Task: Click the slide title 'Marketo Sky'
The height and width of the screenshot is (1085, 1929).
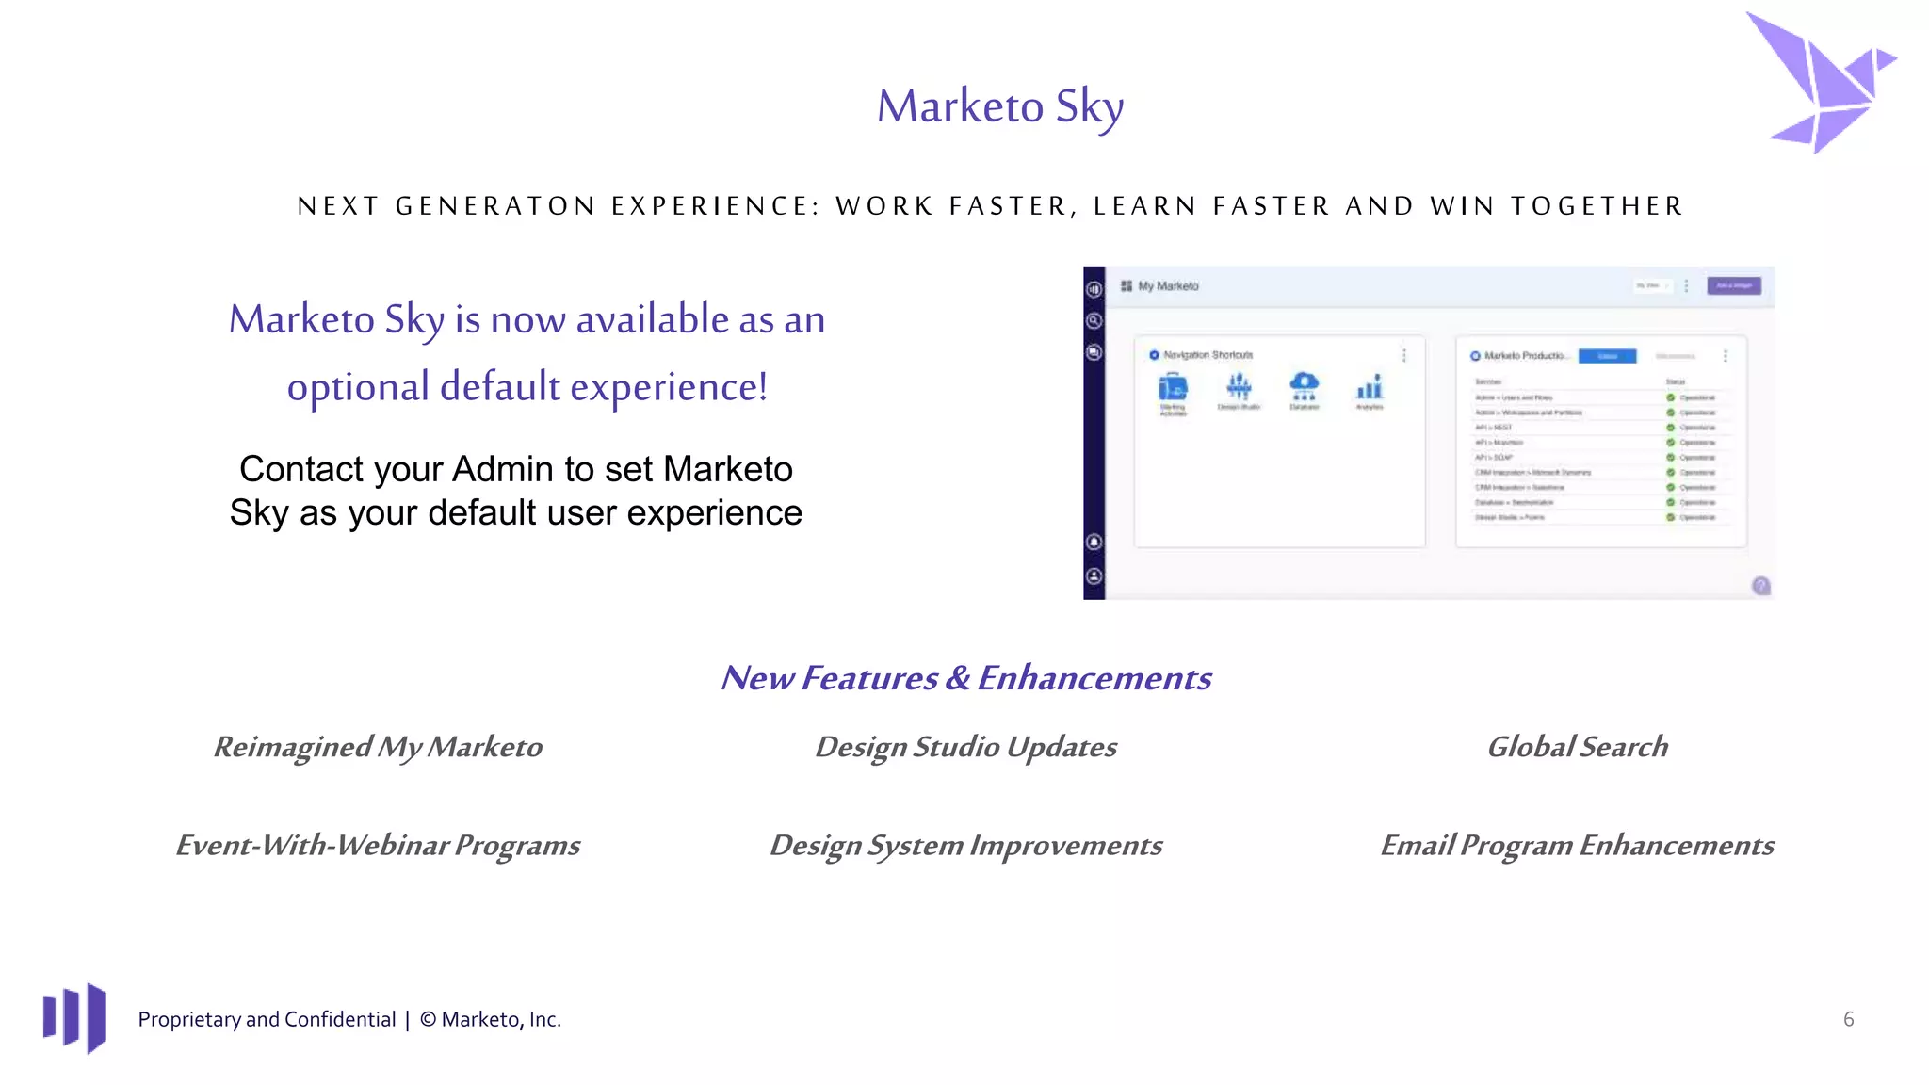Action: click(1000, 106)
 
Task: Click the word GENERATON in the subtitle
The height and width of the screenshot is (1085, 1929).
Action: click(494, 206)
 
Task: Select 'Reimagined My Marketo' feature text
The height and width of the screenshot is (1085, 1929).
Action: click(378, 747)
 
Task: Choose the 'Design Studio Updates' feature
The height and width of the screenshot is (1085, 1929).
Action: click(965, 747)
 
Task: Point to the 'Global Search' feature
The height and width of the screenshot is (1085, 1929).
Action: click(1577, 747)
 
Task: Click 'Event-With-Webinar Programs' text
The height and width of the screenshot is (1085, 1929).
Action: click(378, 845)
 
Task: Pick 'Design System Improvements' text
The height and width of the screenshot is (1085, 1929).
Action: click(965, 845)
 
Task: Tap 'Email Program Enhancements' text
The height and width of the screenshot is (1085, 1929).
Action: click(1577, 845)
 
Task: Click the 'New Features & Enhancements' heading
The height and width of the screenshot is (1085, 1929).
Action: click(965, 678)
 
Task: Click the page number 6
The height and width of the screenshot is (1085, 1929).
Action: click(1848, 1019)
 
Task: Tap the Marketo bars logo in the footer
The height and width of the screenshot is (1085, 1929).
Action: click(74, 1017)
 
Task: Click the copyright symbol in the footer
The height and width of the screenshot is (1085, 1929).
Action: click(428, 1020)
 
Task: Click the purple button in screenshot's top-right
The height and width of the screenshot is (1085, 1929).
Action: click(1733, 285)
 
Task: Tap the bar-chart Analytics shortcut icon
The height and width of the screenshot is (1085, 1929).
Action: click(1370, 387)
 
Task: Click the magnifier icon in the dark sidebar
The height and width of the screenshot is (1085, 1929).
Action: click(1094, 321)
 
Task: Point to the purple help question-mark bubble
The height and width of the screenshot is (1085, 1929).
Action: click(1760, 586)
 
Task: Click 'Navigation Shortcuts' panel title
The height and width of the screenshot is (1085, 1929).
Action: click(1208, 355)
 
